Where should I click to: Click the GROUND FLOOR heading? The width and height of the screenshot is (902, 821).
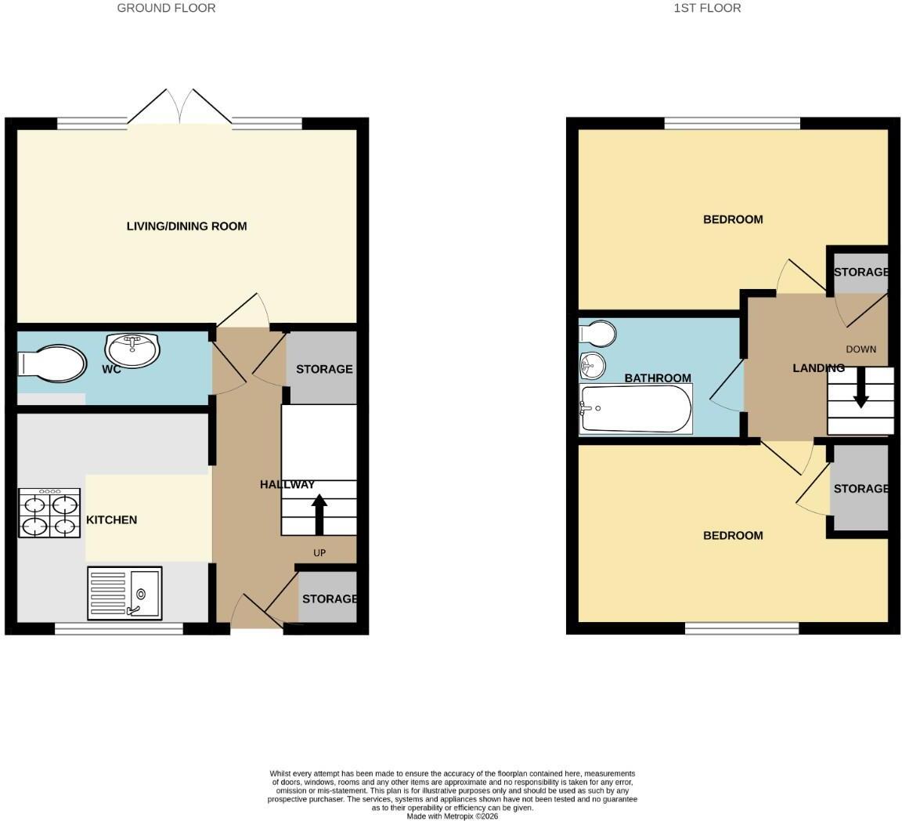click(x=166, y=8)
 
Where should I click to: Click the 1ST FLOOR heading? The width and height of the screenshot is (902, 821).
click(x=708, y=8)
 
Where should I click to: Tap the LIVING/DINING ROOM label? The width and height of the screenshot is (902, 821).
click(x=187, y=226)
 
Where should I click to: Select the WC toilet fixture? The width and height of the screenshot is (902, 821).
click(x=52, y=363)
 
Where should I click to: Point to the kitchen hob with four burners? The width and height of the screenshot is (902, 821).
click(x=49, y=513)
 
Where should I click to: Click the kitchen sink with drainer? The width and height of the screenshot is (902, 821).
click(x=124, y=594)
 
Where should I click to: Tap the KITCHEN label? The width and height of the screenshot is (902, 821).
click(x=112, y=520)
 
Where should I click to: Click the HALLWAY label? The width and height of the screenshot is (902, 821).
click(x=287, y=485)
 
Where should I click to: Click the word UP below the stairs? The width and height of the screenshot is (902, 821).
click(x=319, y=553)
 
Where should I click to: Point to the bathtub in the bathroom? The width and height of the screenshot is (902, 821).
click(x=637, y=409)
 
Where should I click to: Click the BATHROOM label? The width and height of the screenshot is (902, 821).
click(x=658, y=378)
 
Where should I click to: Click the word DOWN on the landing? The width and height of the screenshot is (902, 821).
click(x=861, y=349)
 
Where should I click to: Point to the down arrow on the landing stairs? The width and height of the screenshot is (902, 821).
click(x=861, y=388)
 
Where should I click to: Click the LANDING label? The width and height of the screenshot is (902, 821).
click(x=818, y=368)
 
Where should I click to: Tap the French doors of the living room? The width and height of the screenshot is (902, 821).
click(x=179, y=107)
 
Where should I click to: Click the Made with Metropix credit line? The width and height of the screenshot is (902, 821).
click(x=453, y=816)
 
